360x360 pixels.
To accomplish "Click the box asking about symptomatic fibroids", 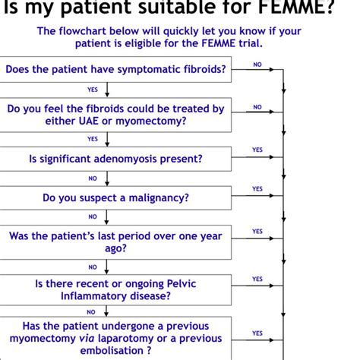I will click(115, 70).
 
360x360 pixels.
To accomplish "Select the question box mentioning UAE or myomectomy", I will click(115, 114).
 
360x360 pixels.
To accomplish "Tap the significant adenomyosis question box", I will click(115, 159).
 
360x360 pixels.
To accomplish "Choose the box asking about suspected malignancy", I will click(115, 197).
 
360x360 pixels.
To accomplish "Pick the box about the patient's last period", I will click(115, 242).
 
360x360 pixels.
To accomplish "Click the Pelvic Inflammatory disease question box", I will click(115, 289).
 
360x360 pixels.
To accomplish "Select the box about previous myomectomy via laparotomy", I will click(115, 337).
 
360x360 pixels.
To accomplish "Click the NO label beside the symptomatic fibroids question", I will click(257, 65).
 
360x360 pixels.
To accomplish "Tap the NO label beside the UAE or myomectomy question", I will click(257, 107).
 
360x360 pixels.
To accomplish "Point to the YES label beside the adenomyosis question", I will click(257, 150).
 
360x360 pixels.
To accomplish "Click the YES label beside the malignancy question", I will click(257, 189).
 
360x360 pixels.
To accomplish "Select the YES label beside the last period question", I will click(257, 232).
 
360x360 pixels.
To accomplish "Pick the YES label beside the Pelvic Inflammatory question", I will click(257, 279).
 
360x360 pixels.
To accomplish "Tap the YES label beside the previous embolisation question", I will click(257, 333).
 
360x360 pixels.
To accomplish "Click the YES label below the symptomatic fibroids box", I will click(93, 90).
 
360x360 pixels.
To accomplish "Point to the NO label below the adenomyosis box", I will click(93, 178).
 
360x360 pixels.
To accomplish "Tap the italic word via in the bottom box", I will click(88, 338).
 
